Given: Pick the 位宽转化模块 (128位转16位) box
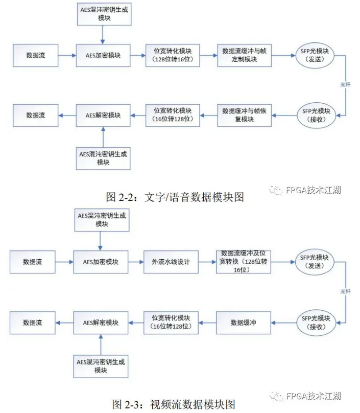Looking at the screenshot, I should [x=172, y=55].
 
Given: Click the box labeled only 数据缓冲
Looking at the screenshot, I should [x=243, y=323].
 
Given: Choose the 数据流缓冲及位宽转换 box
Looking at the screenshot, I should [x=243, y=262].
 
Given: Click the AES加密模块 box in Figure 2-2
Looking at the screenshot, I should [x=103, y=55].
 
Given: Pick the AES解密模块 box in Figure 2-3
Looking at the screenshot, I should [x=101, y=323].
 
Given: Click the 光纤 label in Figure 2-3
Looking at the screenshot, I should [x=346, y=291].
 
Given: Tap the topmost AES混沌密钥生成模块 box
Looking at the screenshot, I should [x=103, y=14].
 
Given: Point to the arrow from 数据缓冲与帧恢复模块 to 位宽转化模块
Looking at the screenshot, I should [x=207, y=115].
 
